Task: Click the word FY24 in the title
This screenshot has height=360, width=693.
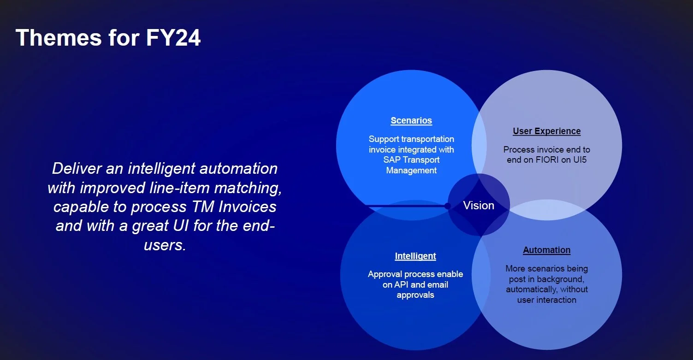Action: tap(174, 37)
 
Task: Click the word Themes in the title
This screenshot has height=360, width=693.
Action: tap(58, 37)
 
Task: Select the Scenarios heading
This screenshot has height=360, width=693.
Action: tap(411, 121)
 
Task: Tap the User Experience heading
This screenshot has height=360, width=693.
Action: tap(546, 131)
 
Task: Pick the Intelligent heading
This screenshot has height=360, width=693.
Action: tap(415, 256)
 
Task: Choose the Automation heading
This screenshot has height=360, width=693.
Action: tap(546, 250)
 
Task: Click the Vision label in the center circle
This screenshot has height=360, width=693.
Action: tap(479, 206)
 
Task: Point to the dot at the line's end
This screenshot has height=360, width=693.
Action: tap(447, 206)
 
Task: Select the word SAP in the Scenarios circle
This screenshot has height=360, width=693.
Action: tap(391, 160)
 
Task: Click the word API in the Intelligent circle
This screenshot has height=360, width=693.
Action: tap(400, 284)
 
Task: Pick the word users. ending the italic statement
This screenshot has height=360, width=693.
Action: tap(165, 245)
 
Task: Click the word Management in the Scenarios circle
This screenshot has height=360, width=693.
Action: tap(411, 170)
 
